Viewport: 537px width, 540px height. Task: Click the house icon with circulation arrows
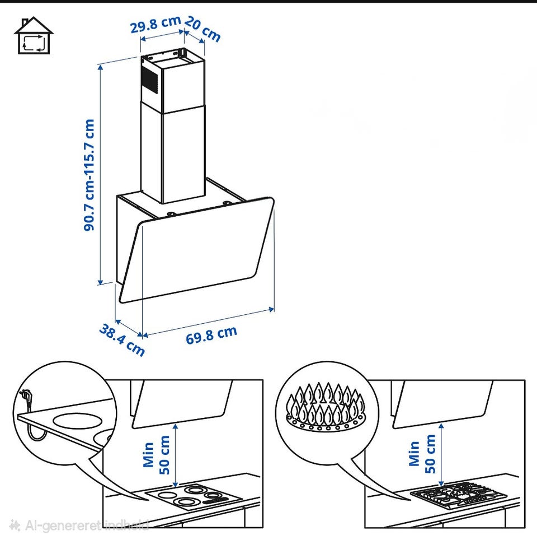(x=34, y=35)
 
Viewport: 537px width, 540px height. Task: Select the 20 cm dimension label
(x=202, y=29)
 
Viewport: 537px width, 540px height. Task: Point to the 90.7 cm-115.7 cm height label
(x=89, y=175)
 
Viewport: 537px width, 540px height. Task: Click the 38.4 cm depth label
(x=122, y=340)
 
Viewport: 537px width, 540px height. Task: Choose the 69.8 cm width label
(x=211, y=335)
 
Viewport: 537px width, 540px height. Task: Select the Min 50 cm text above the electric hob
(x=157, y=455)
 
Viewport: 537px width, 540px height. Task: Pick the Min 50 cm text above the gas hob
(x=422, y=454)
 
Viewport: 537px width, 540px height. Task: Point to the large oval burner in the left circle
(x=78, y=421)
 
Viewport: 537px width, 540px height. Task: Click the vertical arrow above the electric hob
(x=176, y=455)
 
